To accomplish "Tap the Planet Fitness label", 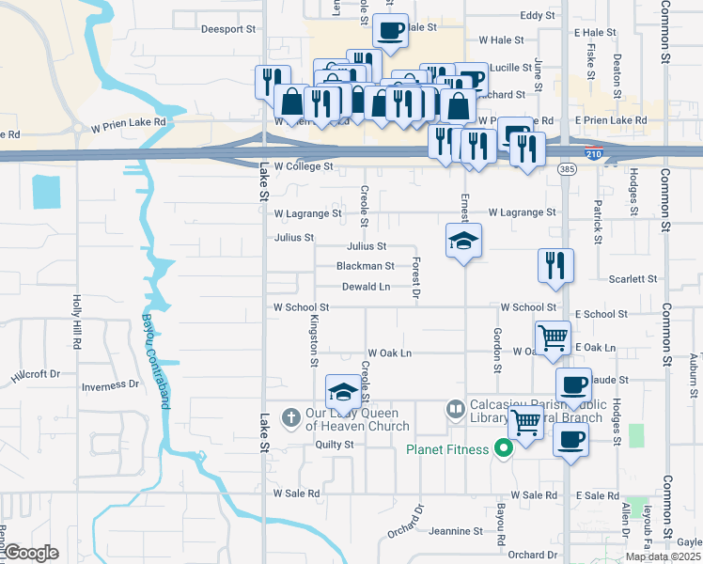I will click(x=447, y=449).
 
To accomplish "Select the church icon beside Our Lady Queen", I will click(x=291, y=416).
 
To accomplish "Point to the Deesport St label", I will click(x=227, y=29).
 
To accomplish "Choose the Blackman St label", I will click(x=365, y=266).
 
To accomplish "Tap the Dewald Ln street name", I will click(x=366, y=287).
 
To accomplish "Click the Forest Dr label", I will click(x=415, y=279).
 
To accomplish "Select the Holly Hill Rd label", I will click(x=77, y=318).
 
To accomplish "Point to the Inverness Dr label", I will click(x=110, y=385).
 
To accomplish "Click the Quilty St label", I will click(x=334, y=445).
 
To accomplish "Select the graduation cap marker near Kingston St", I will click(x=343, y=392).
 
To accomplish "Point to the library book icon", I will click(x=455, y=410).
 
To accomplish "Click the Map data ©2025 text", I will click(x=663, y=556).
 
